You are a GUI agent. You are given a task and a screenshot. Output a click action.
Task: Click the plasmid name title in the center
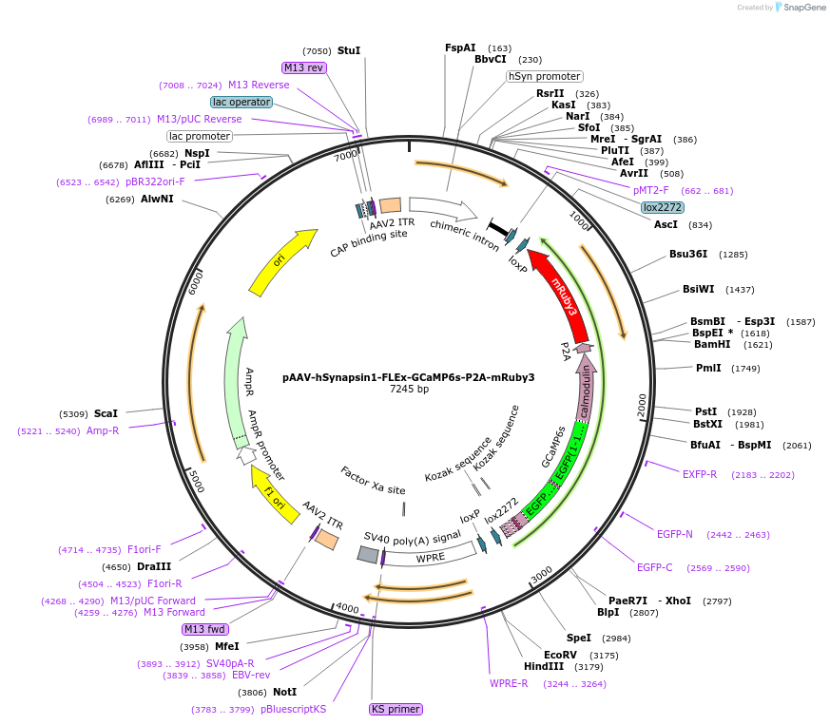[x=408, y=377]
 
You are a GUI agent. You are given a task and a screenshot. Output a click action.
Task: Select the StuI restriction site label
[x=349, y=50]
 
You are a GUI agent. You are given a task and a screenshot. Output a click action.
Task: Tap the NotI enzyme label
[x=285, y=692]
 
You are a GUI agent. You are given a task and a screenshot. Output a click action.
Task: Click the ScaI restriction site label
[x=106, y=413]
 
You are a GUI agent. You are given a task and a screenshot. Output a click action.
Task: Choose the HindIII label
[x=544, y=666]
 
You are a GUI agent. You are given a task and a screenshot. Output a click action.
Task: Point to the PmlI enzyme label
[x=708, y=368]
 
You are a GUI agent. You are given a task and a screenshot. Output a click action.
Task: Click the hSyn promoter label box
[x=545, y=76]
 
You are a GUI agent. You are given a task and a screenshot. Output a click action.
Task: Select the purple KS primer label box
[x=396, y=709]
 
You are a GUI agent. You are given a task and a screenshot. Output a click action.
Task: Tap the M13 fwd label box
[x=204, y=629]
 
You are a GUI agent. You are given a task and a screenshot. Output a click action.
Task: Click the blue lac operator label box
[x=241, y=102]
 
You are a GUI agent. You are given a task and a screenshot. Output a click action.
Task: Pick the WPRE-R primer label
[x=509, y=683]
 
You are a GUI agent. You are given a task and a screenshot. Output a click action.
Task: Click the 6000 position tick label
[x=195, y=283]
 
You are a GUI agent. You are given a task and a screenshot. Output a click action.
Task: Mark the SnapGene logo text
[x=804, y=7]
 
